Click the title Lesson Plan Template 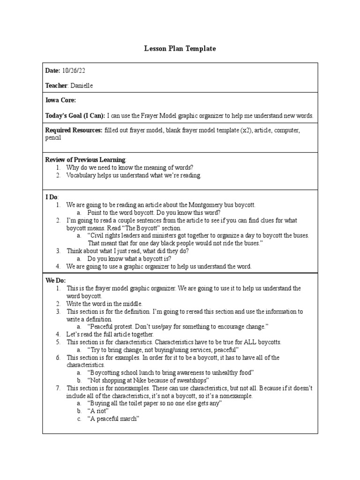point(180,49)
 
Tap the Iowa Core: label point(60,101)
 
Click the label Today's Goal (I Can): point(75,115)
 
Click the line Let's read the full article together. point(110,334)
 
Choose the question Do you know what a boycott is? point(129,258)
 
